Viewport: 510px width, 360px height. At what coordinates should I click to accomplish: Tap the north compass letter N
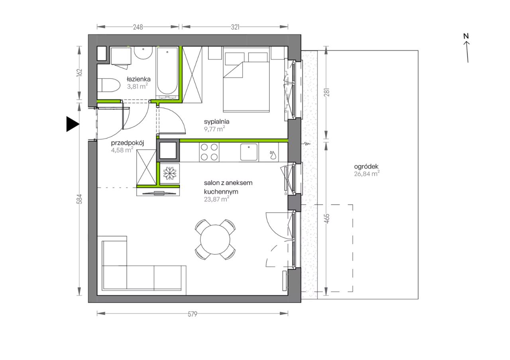(x=466, y=36)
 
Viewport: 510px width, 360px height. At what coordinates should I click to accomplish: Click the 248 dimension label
(x=138, y=27)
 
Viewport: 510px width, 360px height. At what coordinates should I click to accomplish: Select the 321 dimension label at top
(x=235, y=27)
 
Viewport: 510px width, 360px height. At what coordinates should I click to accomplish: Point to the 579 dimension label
(x=192, y=314)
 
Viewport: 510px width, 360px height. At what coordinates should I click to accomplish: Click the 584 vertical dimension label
(x=79, y=199)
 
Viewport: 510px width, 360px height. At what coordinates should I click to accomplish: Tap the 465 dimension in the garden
(x=327, y=219)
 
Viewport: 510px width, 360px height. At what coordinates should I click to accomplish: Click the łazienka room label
(x=139, y=79)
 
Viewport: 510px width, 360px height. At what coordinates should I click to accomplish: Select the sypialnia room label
(x=216, y=121)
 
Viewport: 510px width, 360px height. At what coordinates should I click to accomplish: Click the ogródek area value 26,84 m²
(x=367, y=174)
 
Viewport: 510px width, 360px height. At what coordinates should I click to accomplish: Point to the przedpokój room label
(x=127, y=143)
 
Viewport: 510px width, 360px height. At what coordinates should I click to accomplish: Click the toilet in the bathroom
(x=109, y=85)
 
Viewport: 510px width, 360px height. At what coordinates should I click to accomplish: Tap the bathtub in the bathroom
(x=167, y=73)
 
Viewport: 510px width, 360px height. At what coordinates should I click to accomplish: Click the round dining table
(x=215, y=239)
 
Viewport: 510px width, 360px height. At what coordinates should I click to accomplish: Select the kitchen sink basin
(x=249, y=152)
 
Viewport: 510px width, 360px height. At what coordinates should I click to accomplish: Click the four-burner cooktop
(x=209, y=152)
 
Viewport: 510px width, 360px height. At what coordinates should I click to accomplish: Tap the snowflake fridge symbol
(x=170, y=173)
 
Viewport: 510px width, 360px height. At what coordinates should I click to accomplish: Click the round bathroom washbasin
(x=143, y=53)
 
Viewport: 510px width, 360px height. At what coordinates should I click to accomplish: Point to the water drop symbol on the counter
(x=273, y=155)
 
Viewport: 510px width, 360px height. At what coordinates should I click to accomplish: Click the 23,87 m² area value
(x=216, y=200)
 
